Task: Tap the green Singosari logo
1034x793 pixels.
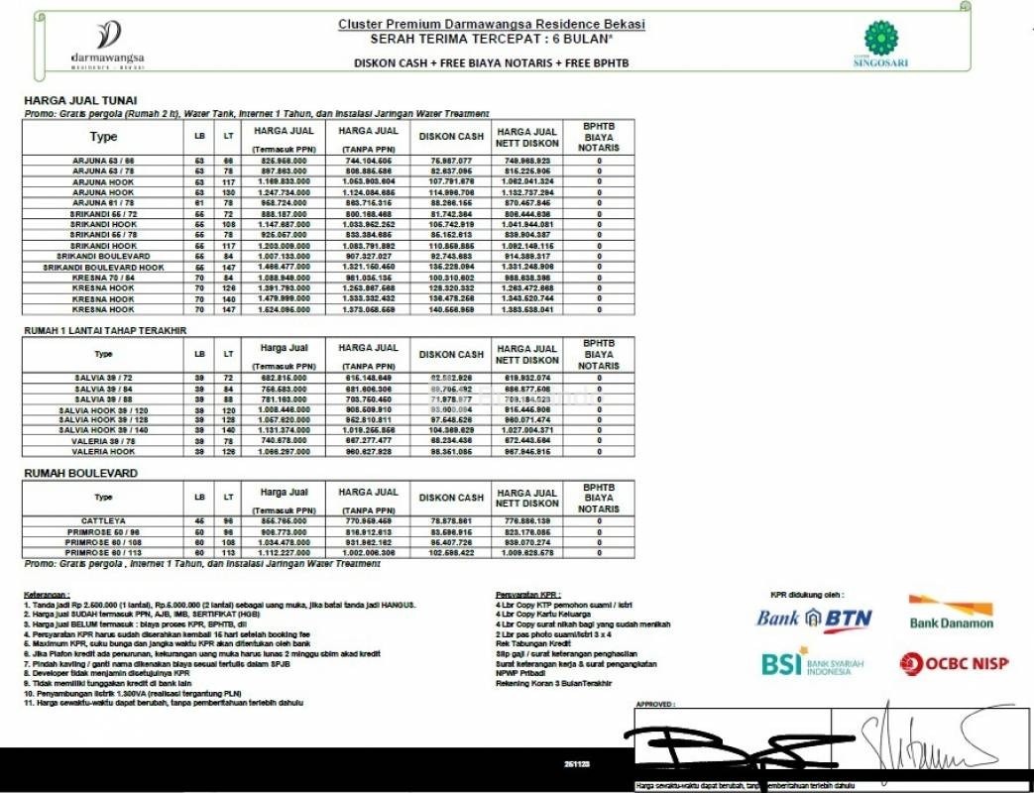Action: (880, 45)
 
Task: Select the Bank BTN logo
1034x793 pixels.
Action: (814, 620)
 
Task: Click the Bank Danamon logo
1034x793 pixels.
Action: (951, 612)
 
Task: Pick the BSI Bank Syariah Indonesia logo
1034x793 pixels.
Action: (805, 662)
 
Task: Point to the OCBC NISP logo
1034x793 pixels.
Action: (954, 663)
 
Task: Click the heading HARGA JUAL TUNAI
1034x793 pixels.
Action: (80, 100)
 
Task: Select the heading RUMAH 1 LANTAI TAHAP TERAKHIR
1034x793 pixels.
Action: (105, 330)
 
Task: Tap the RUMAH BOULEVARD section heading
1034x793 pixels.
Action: (80, 474)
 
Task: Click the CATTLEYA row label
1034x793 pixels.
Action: (103, 520)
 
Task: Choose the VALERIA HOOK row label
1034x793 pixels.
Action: (103, 452)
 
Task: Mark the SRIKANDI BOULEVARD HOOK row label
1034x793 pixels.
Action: (103, 268)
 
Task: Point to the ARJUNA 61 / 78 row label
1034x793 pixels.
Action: (103, 202)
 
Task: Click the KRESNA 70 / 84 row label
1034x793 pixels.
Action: (103, 279)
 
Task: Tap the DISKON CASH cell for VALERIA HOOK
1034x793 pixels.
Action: (450, 452)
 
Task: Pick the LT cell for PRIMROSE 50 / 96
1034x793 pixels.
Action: (229, 531)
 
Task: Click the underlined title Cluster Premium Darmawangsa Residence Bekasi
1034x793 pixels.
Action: (492, 23)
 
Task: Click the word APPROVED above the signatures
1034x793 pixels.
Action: (655, 705)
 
